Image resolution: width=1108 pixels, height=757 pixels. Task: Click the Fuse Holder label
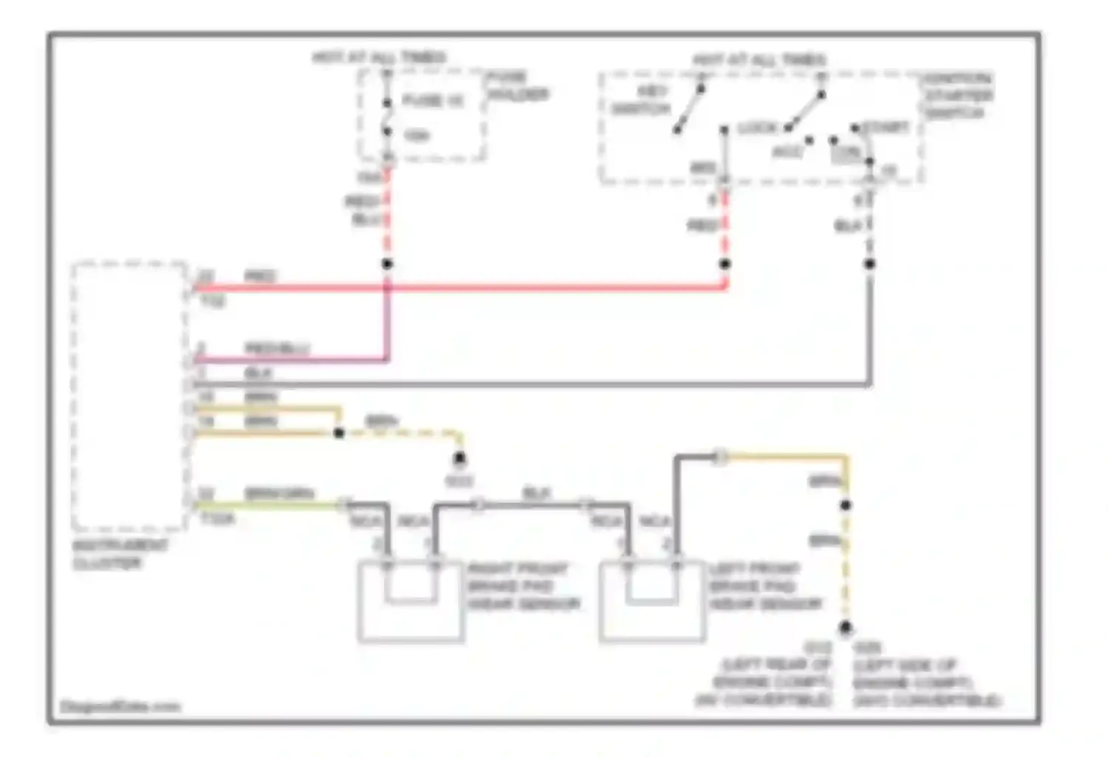[517, 86]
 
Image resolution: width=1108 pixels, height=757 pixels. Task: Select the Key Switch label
[641, 100]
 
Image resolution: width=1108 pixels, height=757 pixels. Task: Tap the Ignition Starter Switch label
[959, 95]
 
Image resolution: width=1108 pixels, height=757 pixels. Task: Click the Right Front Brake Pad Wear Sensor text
[523, 586]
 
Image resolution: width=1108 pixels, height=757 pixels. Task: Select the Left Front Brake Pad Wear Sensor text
[765, 586]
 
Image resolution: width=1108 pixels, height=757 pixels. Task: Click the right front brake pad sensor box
[411, 601]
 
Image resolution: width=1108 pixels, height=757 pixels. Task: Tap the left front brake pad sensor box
[652, 601]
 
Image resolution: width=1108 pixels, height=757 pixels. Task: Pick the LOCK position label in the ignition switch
[757, 128]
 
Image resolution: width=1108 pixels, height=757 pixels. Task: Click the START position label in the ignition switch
[885, 127]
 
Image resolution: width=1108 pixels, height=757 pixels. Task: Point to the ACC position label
[787, 152]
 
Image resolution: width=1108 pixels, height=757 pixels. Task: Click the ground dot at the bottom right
[846, 628]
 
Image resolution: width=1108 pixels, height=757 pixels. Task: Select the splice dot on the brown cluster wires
[339, 432]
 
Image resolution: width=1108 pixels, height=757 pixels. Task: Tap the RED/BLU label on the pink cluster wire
[277, 347]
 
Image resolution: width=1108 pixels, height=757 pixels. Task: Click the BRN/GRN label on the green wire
[279, 493]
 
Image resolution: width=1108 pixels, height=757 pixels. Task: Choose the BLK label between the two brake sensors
[536, 492]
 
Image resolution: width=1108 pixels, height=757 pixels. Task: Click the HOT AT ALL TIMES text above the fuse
[379, 57]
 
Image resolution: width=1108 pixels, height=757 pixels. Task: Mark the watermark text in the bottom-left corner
[120, 706]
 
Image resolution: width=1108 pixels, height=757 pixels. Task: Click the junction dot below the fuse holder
[386, 264]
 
